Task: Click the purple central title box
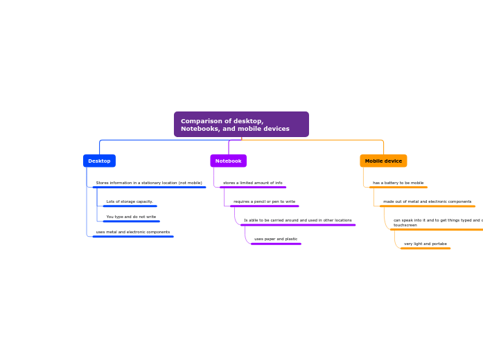(x=241, y=125)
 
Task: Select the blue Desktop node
(x=99, y=161)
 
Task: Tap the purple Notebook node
(x=228, y=161)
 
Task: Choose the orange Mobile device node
(x=383, y=161)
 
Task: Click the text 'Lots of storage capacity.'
(x=130, y=201)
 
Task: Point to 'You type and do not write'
(x=131, y=217)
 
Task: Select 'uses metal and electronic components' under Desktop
(x=133, y=232)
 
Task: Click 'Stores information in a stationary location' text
(x=149, y=183)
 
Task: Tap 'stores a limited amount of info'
(x=252, y=183)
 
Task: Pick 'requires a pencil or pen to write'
(x=264, y=201)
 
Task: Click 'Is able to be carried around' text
(x=297, y=220)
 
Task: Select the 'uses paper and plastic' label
(x=276, y=239)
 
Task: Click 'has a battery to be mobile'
(x=398, y=183)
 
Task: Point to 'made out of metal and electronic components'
(x=427, y=201)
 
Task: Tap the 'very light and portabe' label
(x=425, y=244)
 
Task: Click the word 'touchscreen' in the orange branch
(x=405, y=225)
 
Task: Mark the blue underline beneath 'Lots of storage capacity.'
(x=130, y=206)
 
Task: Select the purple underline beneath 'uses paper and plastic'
(x=276, y=244)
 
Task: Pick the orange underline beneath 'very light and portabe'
(x=425, y=248)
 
